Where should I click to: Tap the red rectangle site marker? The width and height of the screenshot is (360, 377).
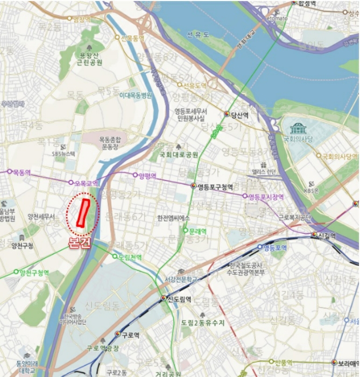point(83,213)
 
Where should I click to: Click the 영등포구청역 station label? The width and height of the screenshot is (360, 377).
point(215,187)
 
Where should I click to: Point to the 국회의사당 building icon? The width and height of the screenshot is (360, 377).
point(297,129)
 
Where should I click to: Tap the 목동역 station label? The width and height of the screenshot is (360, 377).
point(21,172)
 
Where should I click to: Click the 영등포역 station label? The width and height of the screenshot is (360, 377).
point(275,248)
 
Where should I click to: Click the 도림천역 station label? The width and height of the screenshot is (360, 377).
point(130,257)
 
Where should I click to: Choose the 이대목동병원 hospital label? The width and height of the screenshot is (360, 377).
point(136,95)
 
